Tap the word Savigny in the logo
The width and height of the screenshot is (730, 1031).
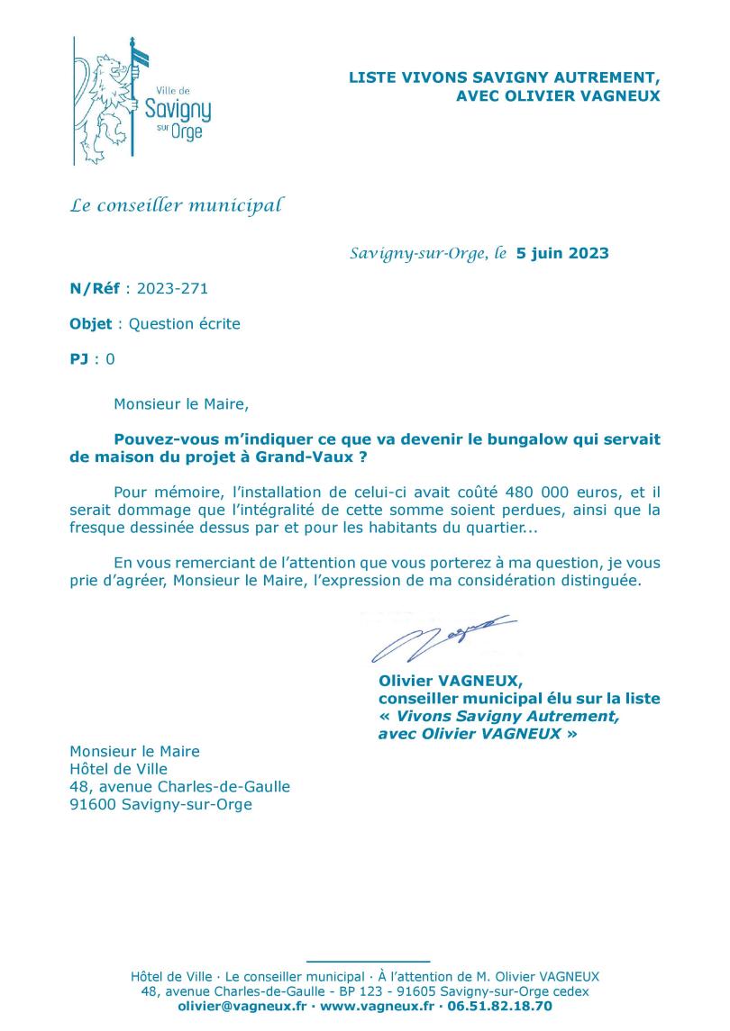(x=178, y=111)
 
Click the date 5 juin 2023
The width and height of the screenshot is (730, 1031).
(x=562, y=253)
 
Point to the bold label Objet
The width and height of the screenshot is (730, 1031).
(x=91, y=324)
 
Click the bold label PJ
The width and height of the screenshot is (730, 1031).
(x=79, y=359)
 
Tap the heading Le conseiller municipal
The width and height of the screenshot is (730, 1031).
(x=177, y=206)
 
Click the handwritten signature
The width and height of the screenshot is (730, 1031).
(x=442, y=634)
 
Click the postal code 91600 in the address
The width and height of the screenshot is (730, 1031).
(x=94, y=805)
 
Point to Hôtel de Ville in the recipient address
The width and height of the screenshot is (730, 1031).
(x=119, y=769)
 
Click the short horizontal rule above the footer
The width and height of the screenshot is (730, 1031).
(x=368, y=962)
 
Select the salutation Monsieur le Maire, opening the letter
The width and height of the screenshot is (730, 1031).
(x=180, y=404)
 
